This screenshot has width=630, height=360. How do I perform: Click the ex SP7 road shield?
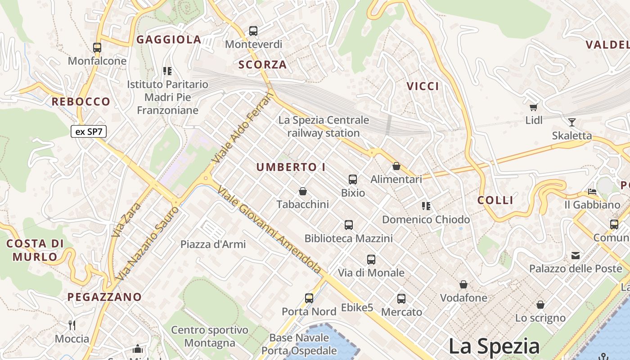coord(88,131)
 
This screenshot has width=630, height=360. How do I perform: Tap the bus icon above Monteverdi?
coord(253,31)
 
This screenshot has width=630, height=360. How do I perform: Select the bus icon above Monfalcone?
coord(97,47)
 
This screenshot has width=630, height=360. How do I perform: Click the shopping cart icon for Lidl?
coord(534,107)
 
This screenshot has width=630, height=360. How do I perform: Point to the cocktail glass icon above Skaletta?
coord(571,122)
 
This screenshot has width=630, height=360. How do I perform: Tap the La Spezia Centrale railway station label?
coord(324,126)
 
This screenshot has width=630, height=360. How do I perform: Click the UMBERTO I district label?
coord(291,167)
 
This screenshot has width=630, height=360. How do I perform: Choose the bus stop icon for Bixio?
coord(353,180)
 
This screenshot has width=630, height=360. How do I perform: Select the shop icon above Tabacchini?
coord(303,191)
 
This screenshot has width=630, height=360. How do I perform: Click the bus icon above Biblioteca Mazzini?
coord(348,225)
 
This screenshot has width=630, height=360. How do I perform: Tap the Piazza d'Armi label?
coord(213,244)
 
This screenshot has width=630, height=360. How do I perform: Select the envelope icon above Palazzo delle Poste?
coord(575,256)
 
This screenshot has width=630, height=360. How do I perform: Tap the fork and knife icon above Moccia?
coord(72,325)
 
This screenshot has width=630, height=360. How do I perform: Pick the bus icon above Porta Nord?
coord(309,298)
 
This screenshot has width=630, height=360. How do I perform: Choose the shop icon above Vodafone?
coord(463,284)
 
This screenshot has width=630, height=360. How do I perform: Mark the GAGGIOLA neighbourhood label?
coord(169,40)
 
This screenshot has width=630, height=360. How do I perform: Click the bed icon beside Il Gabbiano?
coord(592,191)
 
